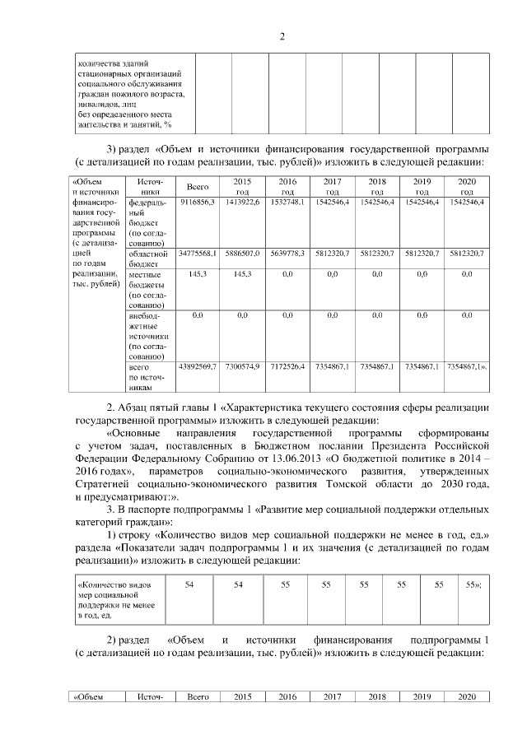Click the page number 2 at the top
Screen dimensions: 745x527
(282, 36)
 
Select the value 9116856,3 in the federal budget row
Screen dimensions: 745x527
(198, 202)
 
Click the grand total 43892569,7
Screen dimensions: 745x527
(198, 365)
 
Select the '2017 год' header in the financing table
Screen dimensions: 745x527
(333, 185)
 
